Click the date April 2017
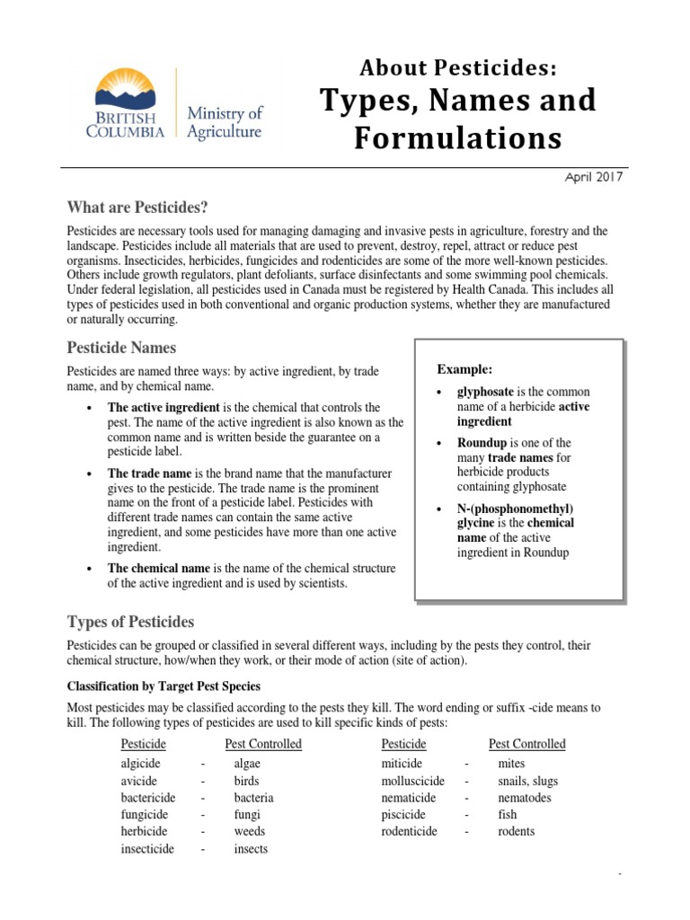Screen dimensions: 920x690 (594, 177)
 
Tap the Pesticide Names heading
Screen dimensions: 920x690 (121, 348)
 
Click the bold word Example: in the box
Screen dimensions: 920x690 (464, 370)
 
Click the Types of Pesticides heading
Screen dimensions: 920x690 (130, 622)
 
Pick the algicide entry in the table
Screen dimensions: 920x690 (140, 764)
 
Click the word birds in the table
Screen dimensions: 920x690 (246, 781)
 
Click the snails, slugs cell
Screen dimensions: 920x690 (527, 781)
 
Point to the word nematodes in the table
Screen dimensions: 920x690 (525, 798)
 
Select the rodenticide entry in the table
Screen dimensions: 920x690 (409, 831)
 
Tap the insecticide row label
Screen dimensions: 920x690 (147, 848)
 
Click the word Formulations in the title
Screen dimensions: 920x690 (456, 138)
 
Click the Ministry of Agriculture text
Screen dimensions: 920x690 (225, 122)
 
